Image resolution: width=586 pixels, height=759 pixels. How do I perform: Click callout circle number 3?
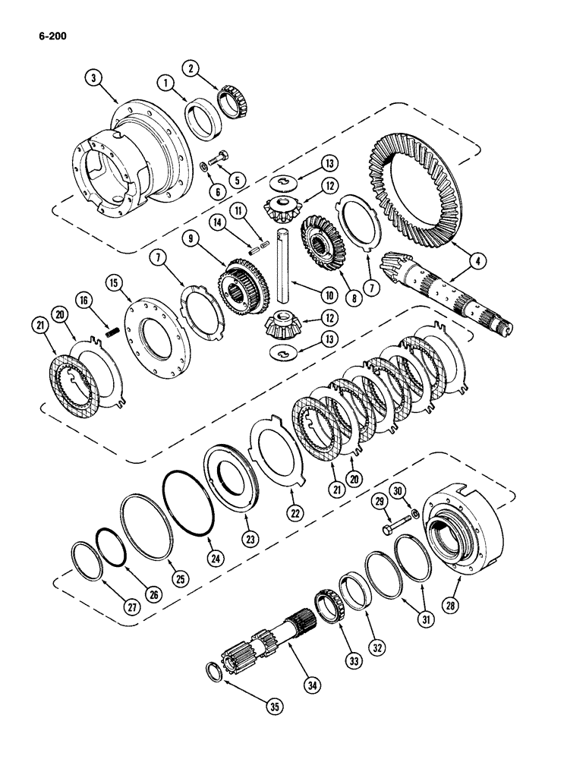click(93, 77)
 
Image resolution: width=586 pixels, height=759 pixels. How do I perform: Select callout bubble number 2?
click(194, 68)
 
